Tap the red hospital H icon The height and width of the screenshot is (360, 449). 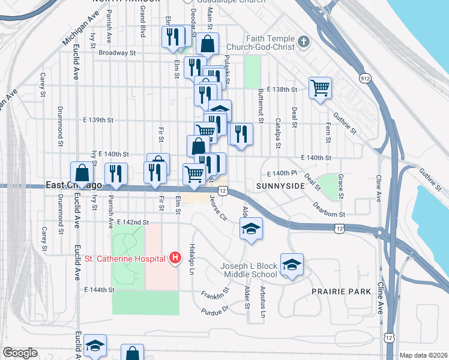pos(175,258)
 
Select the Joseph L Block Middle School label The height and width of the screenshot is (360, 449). pos(247,270)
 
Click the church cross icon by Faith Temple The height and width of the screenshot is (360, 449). pos(304,41)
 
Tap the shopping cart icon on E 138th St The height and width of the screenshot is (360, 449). pos(321,88)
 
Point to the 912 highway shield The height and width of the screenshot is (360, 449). pos(365,79)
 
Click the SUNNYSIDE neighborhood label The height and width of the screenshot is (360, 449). pos(280,187)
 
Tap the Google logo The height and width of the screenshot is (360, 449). pos(20,353)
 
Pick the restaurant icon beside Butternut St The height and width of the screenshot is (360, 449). pos(241,134)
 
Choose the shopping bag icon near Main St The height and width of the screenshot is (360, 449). pos(207,43)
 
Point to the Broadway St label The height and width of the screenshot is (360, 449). pos(118,53)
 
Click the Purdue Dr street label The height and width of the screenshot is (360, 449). pos(216,310)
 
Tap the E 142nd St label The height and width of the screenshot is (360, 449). pos(133,222)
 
